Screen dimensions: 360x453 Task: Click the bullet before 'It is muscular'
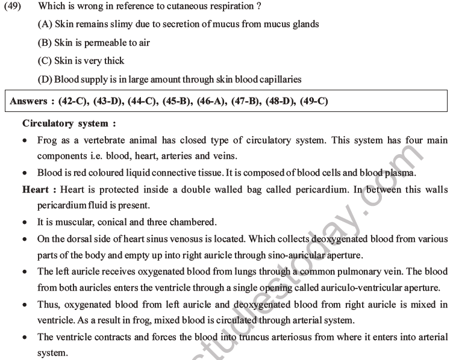[x=24, y=222]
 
